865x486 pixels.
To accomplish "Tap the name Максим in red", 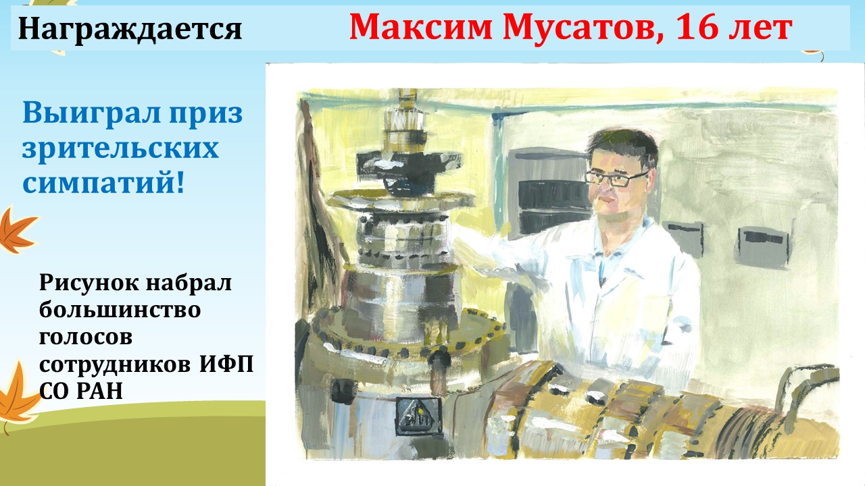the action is click(x=420, y=27).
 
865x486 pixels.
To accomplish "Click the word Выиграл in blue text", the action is click(x=91, y=113).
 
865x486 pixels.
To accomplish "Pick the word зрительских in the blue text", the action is click(x=120, y=148).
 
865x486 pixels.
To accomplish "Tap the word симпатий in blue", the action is click(x=99, y=183).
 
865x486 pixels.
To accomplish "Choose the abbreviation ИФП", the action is click(x=226, y=363).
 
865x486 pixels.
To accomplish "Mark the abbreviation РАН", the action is click(x=99, y=390).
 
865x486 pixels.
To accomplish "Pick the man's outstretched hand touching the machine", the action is click(x=464, y=247).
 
